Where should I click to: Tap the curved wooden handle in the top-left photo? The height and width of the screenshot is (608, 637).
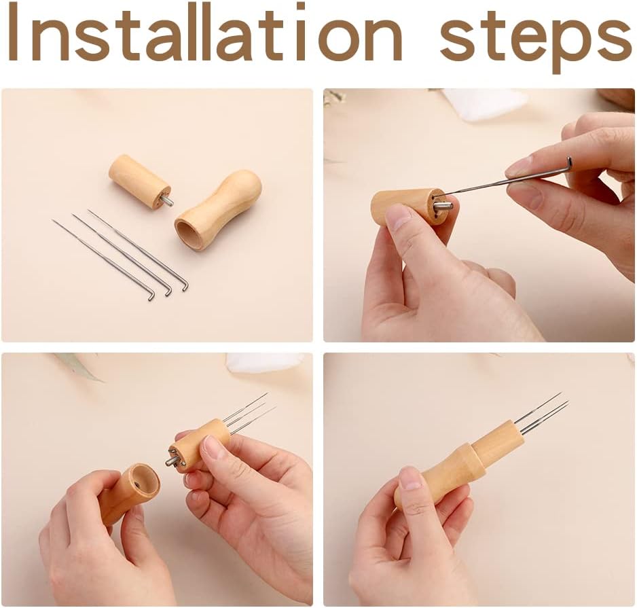(x=219, y=210)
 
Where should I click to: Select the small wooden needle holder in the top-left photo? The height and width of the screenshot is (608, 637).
(x=139, y=181)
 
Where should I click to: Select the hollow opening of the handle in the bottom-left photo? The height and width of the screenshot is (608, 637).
(x=143, y=484)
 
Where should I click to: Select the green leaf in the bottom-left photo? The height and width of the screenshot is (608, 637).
(x=77, y=365)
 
